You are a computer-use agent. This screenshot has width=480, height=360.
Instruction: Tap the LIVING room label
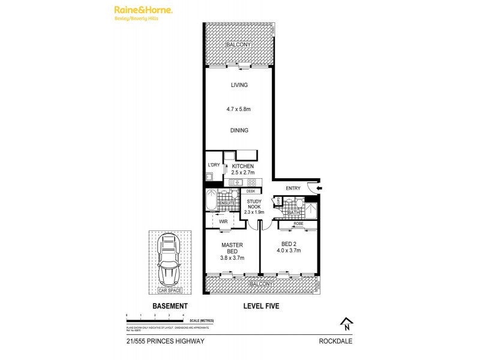[239, 85]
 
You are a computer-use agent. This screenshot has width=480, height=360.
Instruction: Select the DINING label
[239, 130]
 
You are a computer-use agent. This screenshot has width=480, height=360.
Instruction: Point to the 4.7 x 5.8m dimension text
[239, 109]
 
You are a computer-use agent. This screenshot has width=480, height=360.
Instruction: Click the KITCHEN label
[243, 166]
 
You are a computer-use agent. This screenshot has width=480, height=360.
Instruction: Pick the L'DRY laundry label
[214, 166]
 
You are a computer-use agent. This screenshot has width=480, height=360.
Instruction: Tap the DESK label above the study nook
[250, 191]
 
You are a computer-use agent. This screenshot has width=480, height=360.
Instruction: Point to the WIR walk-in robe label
[223, 221]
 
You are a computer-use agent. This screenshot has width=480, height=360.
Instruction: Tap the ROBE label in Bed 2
[298, 223]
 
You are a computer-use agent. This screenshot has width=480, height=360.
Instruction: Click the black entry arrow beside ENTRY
[319, 188]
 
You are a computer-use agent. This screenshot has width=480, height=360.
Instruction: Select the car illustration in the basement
[169, 258]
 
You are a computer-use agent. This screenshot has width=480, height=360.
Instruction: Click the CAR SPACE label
[169, 291]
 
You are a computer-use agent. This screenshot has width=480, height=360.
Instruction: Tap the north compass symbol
[346, 324]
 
